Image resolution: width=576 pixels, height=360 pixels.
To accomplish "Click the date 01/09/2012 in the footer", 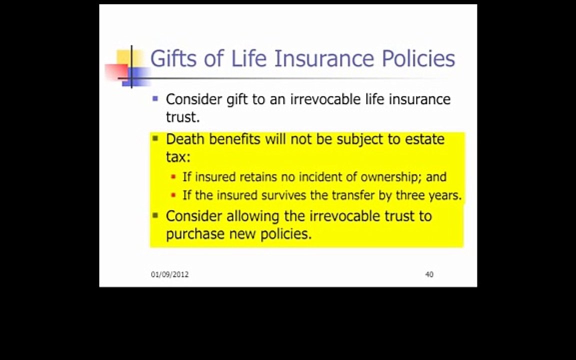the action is tap(169, 274).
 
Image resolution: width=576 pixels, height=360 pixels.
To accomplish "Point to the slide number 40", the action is tap(429, 274).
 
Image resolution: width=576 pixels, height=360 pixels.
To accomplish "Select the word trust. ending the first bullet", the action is tap(183, 117).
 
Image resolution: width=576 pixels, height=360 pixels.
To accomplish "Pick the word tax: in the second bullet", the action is tap(178, 157).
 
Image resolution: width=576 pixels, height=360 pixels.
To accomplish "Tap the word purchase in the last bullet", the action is tap(195, 234).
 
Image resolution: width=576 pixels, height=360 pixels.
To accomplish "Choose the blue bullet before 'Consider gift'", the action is tap(155, 98).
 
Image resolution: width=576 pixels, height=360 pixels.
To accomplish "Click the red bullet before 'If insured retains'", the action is tap(173, 177).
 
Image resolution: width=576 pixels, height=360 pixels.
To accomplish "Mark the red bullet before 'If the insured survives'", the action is tap(173, 195).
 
